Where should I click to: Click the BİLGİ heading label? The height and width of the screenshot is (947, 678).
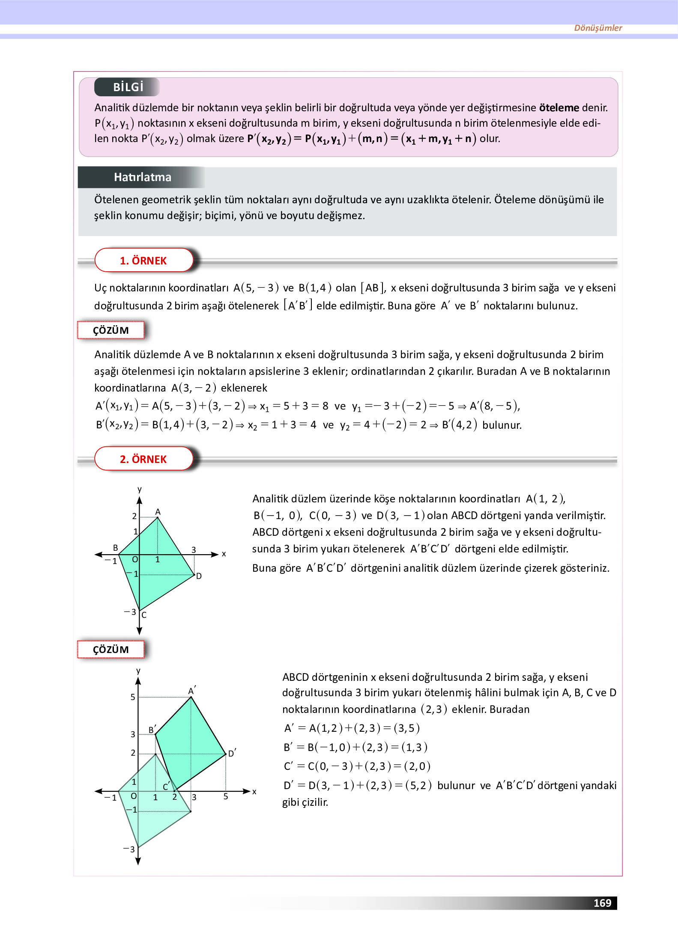128,87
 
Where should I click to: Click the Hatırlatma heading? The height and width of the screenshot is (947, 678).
142,177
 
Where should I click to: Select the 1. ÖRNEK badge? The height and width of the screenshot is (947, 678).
143,261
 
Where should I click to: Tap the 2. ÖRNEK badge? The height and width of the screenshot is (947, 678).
143,459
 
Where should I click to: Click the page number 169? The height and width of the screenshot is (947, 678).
602,903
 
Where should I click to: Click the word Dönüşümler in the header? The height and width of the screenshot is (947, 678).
597,28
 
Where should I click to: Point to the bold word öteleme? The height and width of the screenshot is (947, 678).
559,108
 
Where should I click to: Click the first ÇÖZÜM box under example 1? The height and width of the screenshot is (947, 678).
111,330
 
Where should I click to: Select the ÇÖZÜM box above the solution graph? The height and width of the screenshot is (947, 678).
111,650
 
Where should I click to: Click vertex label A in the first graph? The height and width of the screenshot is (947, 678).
158,512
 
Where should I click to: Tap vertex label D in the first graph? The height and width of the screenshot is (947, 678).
199,576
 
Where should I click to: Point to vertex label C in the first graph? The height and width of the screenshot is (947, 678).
144,615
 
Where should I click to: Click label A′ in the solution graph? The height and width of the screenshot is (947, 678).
191,691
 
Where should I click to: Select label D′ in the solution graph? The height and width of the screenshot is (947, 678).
232,753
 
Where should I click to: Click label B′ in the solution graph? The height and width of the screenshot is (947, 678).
152,730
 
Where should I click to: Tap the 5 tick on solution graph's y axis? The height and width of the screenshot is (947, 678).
133,697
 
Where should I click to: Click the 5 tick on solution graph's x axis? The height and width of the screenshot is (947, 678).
226,797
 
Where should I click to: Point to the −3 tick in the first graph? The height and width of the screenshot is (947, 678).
130,612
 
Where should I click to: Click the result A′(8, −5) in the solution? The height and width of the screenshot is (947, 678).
495,406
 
